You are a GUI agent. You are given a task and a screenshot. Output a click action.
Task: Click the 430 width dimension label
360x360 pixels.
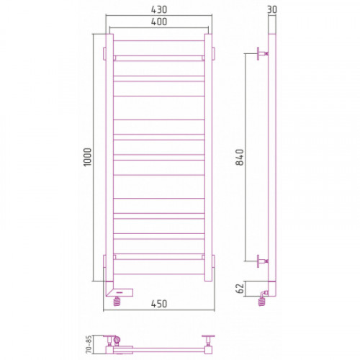[x=159, y=9]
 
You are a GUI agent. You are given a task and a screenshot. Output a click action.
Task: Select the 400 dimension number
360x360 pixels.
[x=159, y=22]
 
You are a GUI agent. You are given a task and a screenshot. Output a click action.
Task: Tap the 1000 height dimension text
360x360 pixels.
[x=88, y=157]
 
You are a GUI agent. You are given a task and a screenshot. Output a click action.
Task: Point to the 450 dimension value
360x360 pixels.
[x=159, y=304]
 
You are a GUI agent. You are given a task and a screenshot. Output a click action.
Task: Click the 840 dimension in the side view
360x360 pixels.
[x=240, y=157]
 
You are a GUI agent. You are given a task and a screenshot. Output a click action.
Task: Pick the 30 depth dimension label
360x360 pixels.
[x=272, y=9]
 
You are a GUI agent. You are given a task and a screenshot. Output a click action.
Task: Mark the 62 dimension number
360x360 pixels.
[x=240, y=288]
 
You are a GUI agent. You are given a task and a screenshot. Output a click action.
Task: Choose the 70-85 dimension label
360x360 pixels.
[x=89, y=344]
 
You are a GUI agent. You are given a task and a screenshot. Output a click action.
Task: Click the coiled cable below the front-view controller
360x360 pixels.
[x=117, y=301]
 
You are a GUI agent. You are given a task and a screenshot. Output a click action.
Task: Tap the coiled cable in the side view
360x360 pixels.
[x=262, y=301]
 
